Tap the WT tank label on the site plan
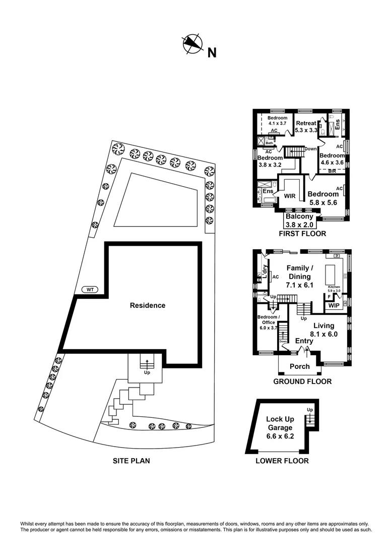tap(90, 290)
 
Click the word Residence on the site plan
tap(148, 305)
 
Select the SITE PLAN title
tap(132, 461)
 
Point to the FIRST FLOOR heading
tap(302, 234)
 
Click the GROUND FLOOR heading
tap(302, 381)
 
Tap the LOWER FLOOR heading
tap(282, 461)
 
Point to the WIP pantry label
tap(334, 305)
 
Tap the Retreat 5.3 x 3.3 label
tap(306, 127)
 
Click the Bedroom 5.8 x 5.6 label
tap(323, 198)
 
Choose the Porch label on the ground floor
tap(299, 366)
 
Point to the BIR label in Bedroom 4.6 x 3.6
tap(332, 171)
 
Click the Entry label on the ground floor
tap(304, 341)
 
